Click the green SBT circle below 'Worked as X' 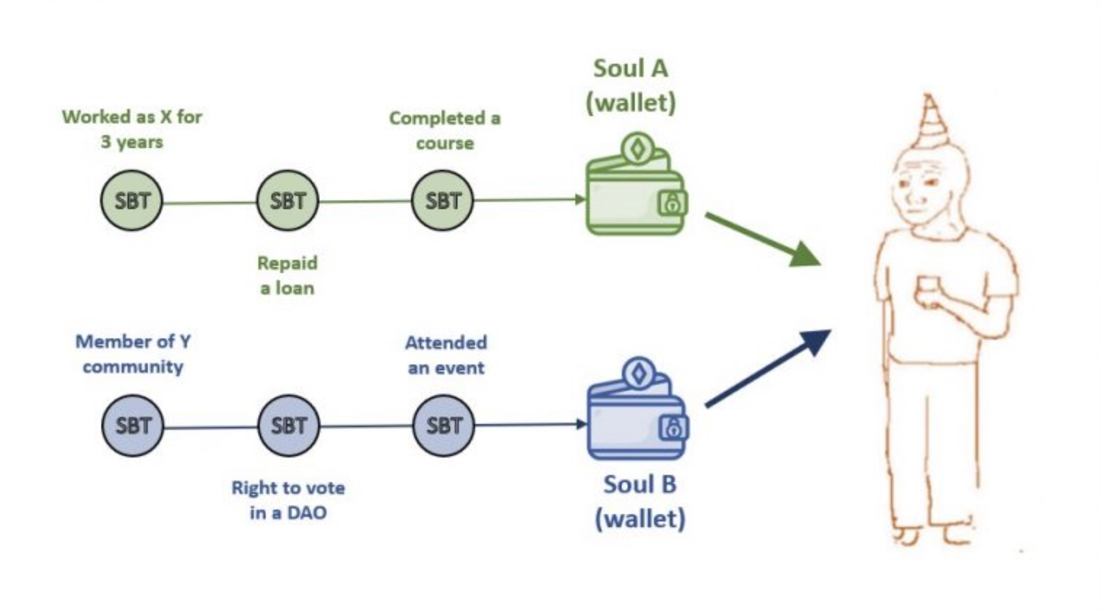[x=132, y=200]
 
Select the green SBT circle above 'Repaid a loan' [x=288, y=200]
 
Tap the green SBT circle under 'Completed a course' [x=443, y=200]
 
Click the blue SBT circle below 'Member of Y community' [x=133, y=425]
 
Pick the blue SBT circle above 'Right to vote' [x=288, y=425]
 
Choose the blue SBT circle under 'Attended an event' [x=444, y=425]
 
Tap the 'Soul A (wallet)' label [x=631, y=86]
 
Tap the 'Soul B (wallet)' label [x=640, y=501]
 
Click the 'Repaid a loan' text [x=288, y=275]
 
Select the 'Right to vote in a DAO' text [x=288, y=500]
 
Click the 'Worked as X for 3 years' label [x=132, y=129]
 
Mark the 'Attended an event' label [x=446, y=355]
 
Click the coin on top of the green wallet [x=638, y=149]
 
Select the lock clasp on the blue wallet [x=673, y=428]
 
